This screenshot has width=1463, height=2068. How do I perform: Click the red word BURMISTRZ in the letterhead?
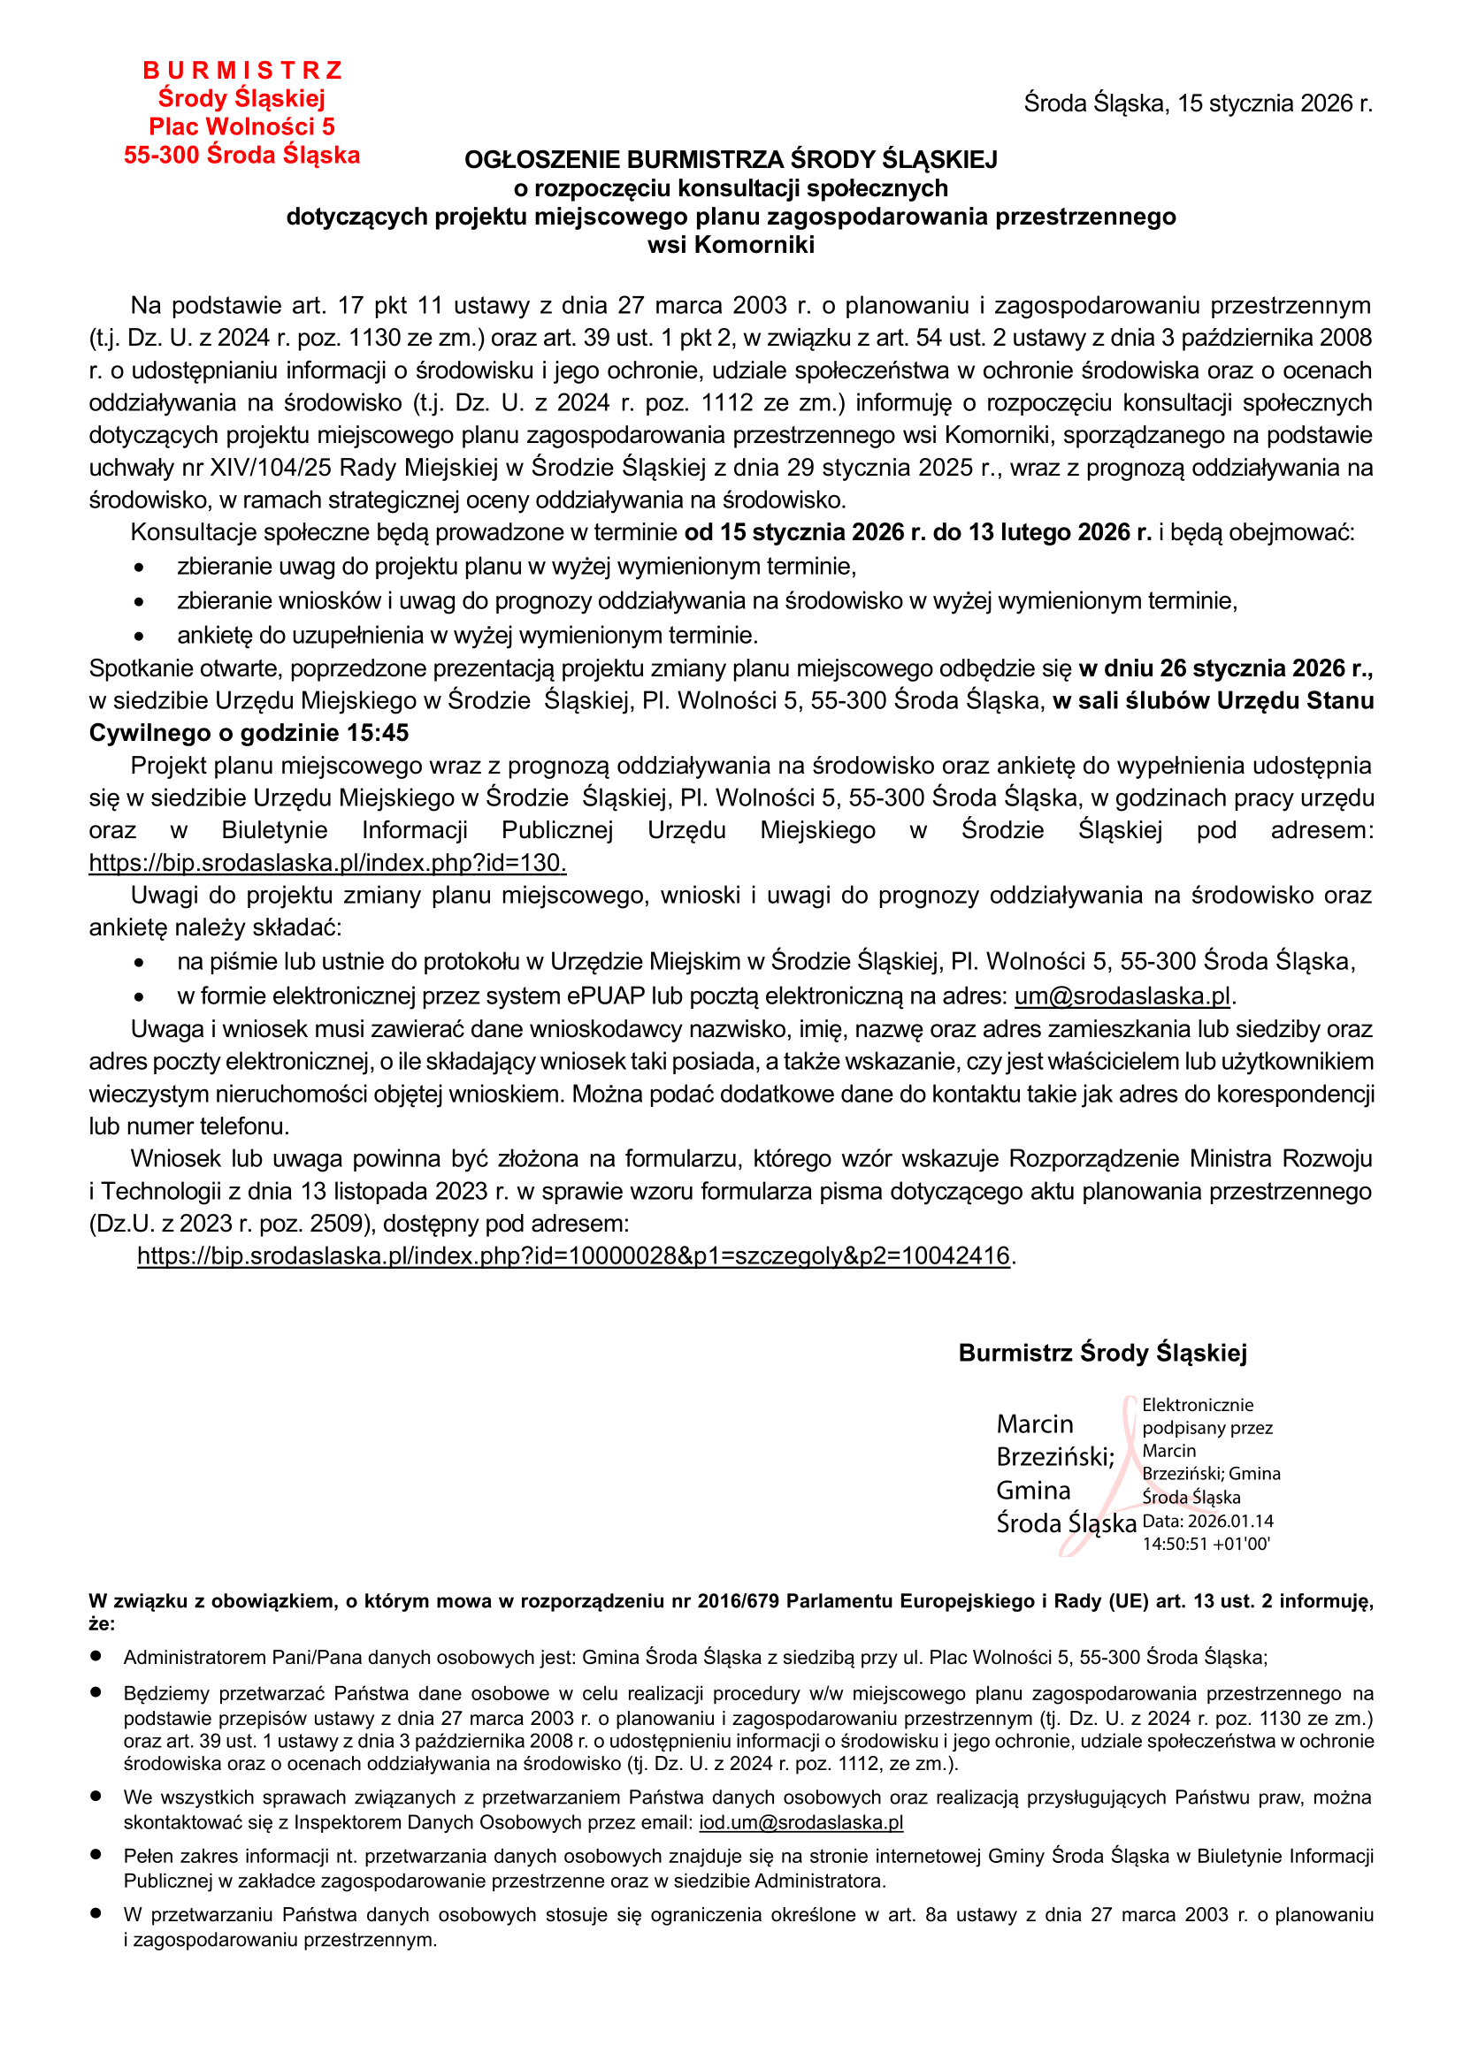tap(242, 70)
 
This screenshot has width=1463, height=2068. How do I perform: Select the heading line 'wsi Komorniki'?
tap(731, 245)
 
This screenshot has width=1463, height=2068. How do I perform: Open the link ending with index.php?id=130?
tap(327, 863)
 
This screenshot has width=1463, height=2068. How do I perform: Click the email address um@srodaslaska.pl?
tap(1122, 996)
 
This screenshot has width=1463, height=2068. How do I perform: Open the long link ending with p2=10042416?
tap(573, 1255)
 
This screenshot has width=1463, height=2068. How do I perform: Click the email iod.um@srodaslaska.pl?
tap(800, 1823)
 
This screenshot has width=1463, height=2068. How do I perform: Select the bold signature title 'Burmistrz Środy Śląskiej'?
tap(1103, 1353)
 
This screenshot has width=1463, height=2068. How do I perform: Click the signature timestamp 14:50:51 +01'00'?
tap(1206, 1544)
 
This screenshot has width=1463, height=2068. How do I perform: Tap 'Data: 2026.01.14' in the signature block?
tap(1207, 1522)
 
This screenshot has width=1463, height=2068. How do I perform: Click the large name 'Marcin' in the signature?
tap(1034, 1424)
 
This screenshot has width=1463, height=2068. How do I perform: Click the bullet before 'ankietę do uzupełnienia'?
tap(139, 637)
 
